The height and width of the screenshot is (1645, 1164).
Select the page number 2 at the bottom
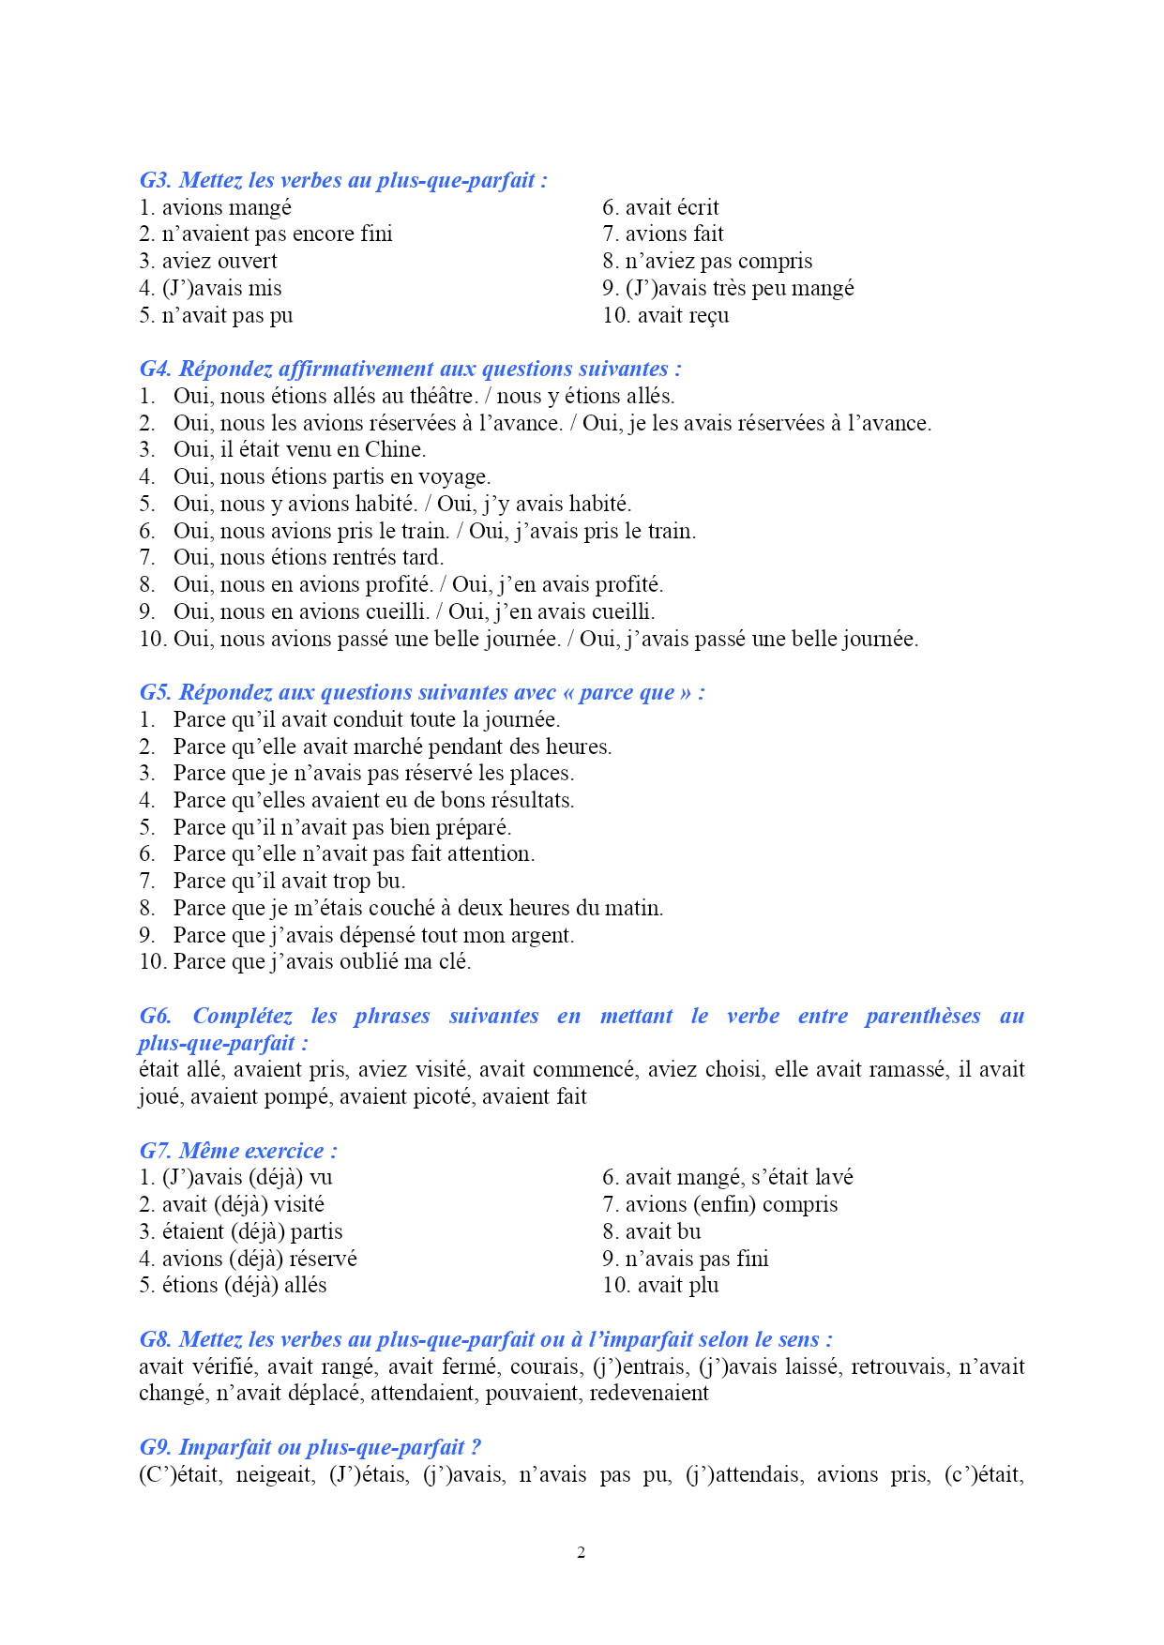point(582,1552)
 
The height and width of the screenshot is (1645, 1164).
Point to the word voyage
point(454,477)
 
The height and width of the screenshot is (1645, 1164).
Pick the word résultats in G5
point(530,800)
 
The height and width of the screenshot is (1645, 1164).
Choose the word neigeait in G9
point(275,1474)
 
